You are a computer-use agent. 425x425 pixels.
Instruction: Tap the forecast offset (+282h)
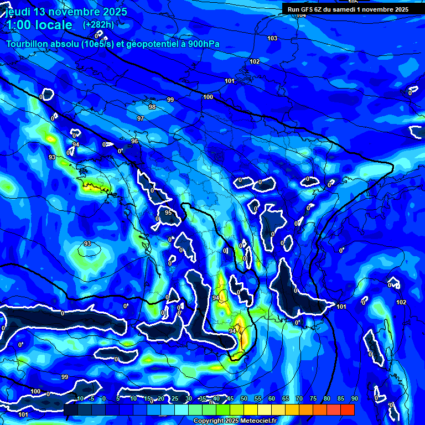[98, 24]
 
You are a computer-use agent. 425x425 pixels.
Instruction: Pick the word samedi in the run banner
[351, 9]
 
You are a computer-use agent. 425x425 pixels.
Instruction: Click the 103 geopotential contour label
[272, 38]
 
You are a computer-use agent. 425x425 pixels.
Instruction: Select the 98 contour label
[152, 107]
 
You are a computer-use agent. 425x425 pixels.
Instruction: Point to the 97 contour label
[141, 119]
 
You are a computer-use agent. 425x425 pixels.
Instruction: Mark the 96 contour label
[134, 142]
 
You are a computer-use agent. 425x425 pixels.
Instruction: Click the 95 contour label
[168, 212]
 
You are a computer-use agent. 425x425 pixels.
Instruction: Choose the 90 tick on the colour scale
[354, 398]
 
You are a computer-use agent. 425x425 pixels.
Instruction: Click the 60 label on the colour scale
[271, 398]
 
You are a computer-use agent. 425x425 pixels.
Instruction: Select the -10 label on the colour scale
[79, 398]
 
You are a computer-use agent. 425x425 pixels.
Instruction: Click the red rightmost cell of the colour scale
[347, 410]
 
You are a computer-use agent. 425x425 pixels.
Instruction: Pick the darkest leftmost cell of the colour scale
[70, 410]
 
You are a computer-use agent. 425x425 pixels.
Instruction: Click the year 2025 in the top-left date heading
[112, 12]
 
